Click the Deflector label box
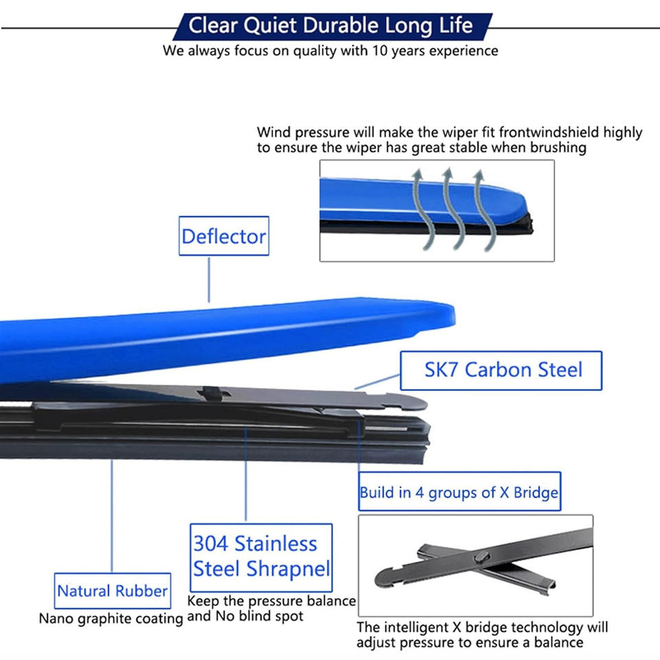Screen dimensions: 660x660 coord(223,236)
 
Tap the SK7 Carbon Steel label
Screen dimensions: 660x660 coord(503,370)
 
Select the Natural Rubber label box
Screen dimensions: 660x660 coord(112,591)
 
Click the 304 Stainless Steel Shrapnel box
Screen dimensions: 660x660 coord(261,556)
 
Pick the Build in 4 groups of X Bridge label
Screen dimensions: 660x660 coord(459,493)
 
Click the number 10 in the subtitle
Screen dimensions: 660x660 coord(381,50)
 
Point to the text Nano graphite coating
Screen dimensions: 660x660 coord(111,618)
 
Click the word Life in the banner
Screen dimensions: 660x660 coord(456,26)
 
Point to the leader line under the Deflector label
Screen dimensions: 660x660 coord(209,278)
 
